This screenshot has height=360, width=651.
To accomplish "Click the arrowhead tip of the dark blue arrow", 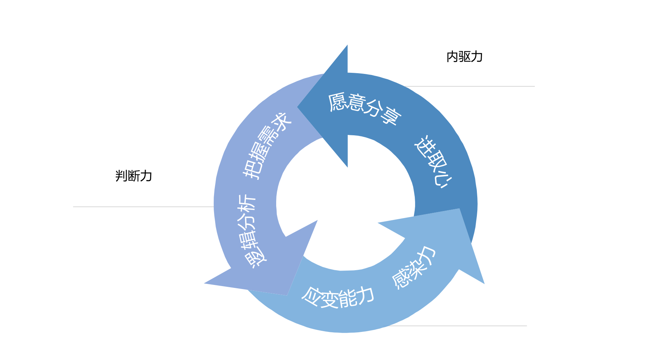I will click(x=298, y=107).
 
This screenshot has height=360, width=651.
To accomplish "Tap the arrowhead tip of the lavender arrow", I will click(x=204, y=283).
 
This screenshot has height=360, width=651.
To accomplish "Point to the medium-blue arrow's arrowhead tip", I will click(x=484, y=283).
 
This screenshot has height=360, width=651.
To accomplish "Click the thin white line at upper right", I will click(x=469, y=86).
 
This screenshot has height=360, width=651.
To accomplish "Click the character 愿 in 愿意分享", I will click(x=338, y=102).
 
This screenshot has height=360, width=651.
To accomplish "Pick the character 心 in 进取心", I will click(x=444, y=180).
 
